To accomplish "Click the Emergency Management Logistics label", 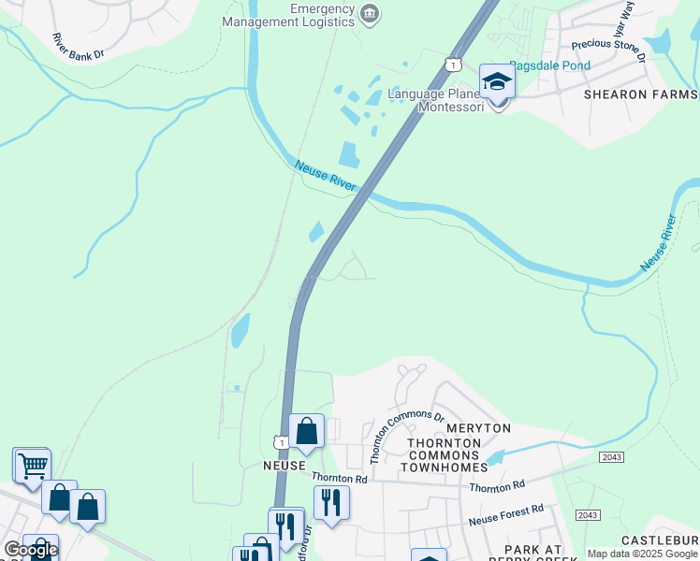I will point(322,16).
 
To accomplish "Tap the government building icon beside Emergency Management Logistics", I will point(371,12).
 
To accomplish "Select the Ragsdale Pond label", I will point(550,65).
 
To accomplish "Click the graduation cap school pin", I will point(498,82).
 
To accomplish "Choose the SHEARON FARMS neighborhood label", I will point(640,94).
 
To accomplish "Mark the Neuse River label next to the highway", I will point(326,177).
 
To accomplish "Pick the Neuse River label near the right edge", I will point(659,243).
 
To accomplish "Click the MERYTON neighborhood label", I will point(479,427).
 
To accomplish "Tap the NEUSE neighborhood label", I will point(284,465).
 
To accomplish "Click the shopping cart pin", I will point(32,463).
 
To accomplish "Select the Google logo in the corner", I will point(30,550).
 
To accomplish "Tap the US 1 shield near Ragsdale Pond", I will point(454,64).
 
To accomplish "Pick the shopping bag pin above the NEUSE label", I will point(306,431).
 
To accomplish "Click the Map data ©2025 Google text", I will point(642,554).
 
